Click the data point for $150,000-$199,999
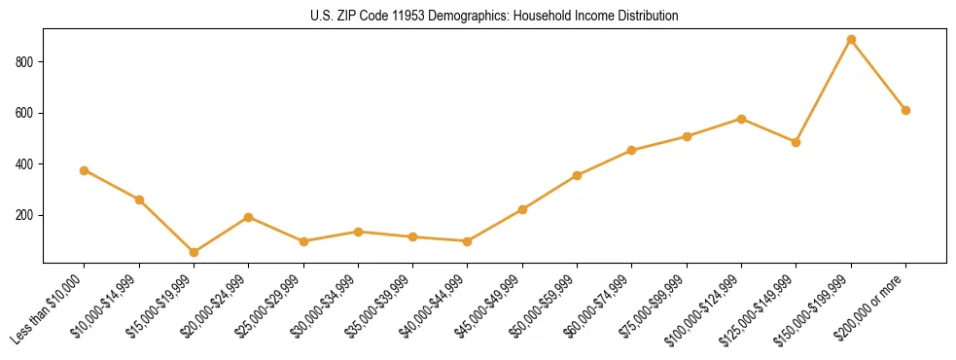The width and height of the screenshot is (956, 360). tap(851, 40)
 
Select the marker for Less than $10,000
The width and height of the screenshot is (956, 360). tap(85, 170)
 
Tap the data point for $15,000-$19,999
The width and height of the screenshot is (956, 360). tap(194, 252)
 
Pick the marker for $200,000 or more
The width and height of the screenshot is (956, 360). tap(905, 110)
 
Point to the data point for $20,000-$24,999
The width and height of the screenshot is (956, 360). tap(249, 217)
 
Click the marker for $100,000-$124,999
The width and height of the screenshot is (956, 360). tap(741, 119)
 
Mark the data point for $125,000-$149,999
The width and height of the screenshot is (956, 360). tap(796, 142)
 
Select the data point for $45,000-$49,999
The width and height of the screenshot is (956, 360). tap(522, 209)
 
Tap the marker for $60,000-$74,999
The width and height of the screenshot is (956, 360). tap(632, 150)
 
